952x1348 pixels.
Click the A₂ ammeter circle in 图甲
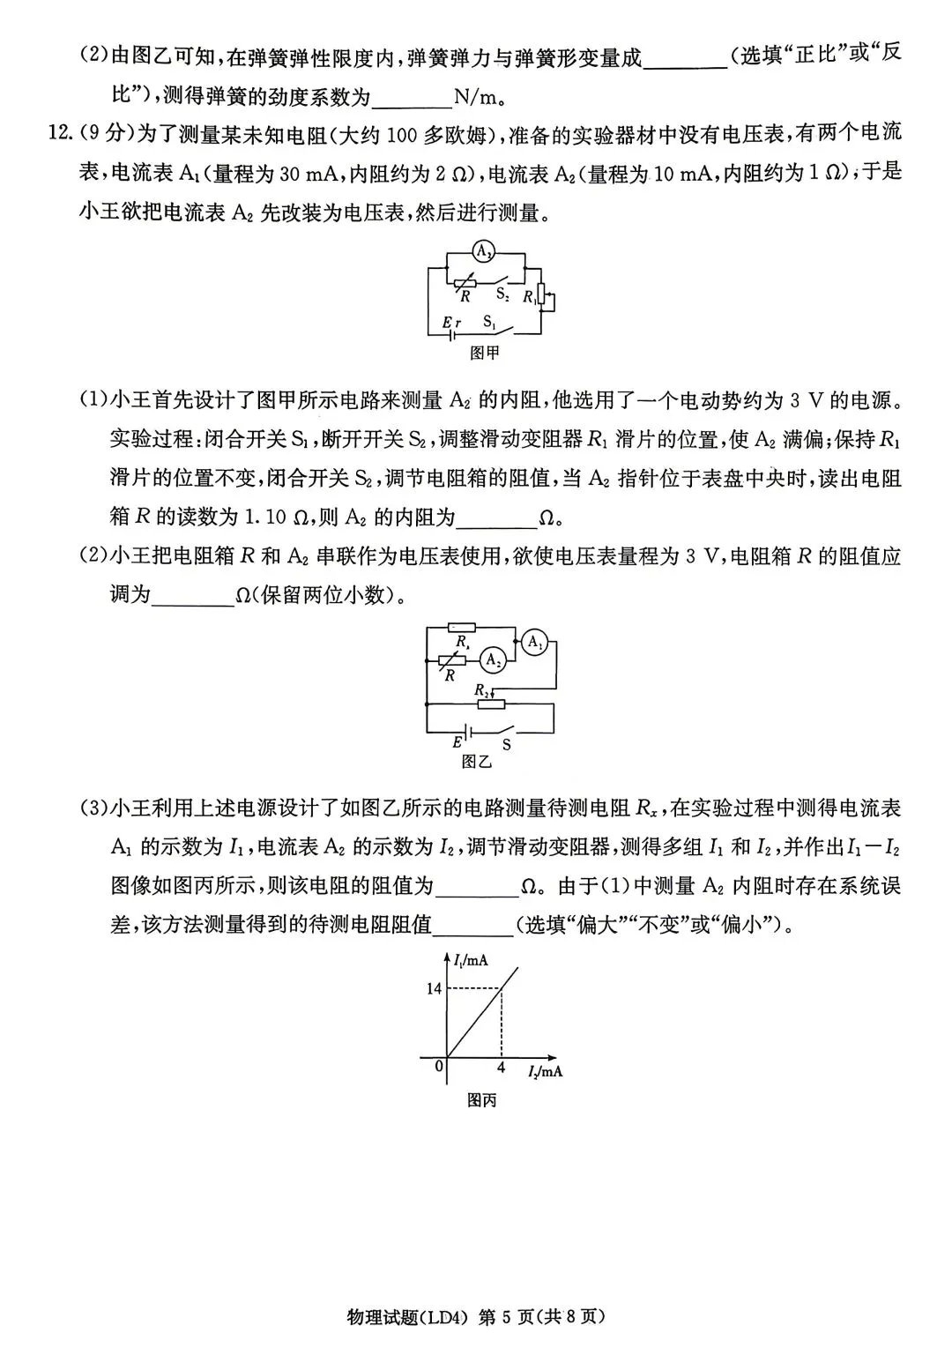[x=482, y=251]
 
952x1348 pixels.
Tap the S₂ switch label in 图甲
[x=501, y=292]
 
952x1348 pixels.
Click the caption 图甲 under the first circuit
[x=485, y=354]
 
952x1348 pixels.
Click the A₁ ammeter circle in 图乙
[x=534, y=644]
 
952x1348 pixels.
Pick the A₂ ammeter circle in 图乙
[x=494, y=659]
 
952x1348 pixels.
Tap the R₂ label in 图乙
[x=482, y=689]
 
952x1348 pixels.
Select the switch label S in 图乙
[x=506, y=744]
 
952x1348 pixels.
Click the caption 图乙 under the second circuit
[x=476, y=761]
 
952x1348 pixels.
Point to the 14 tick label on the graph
[x=434, y=988]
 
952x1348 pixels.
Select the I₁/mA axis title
[x=471, y=960]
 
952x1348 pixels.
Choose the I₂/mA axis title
[x=545, y=1071]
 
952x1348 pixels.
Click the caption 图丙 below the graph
[x=482, y=1100]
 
